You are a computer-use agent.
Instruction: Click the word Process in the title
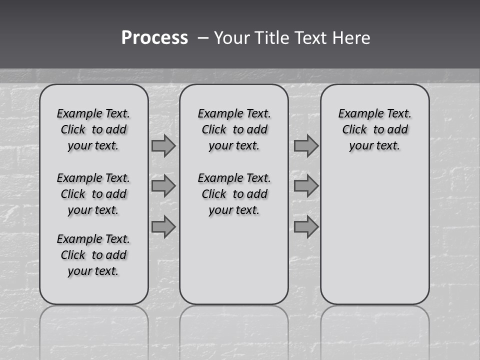click(154, 38)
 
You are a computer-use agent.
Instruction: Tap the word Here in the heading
click(352, 38)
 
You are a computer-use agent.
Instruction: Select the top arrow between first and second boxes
click(163, 146)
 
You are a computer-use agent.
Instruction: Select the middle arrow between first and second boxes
click(163, 186)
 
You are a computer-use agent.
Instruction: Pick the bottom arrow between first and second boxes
click(163, 227)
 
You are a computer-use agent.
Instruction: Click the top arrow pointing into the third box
click(306, 146)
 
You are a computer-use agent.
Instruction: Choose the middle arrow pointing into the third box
click(306, 186)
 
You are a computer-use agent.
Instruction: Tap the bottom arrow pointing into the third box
click(306, 227)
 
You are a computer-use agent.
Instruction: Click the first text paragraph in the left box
click(93, 129)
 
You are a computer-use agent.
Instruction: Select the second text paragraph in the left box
click(93, 194)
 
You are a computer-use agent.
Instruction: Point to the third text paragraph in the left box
click(93, 255)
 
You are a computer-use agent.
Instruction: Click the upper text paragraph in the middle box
click(234, 129)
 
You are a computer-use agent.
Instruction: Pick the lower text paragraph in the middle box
click(234, 194)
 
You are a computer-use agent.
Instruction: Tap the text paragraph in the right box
click(375, 129)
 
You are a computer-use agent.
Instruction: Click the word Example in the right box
click(356, 114)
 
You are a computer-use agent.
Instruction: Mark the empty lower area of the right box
click(375, 235)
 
